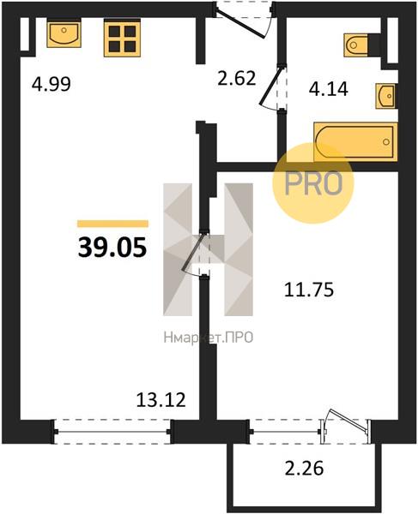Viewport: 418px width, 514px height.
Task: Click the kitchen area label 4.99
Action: [51, 84]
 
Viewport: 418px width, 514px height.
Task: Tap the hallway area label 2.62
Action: [237, 78]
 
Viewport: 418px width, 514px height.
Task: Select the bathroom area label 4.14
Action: [329, 89]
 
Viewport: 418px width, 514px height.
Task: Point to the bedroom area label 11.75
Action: [309, 290]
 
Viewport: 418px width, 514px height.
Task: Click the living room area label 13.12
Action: [161, 400]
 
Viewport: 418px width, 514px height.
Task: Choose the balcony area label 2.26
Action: [305, 468]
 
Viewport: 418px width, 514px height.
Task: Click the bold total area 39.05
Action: [112, 248]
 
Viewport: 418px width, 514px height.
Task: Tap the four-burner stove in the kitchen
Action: [123, 38]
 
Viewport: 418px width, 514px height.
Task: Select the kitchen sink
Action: [64, 33]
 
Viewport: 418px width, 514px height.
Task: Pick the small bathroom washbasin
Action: [386, 96]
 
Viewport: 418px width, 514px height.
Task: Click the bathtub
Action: [355, 141]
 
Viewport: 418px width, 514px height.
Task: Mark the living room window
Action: [112, 432]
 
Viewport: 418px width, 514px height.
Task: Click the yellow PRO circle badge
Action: [313, 183]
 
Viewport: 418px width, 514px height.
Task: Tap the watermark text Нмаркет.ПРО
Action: [209, 338]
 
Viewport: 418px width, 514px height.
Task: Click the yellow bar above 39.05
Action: [112, 224]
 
